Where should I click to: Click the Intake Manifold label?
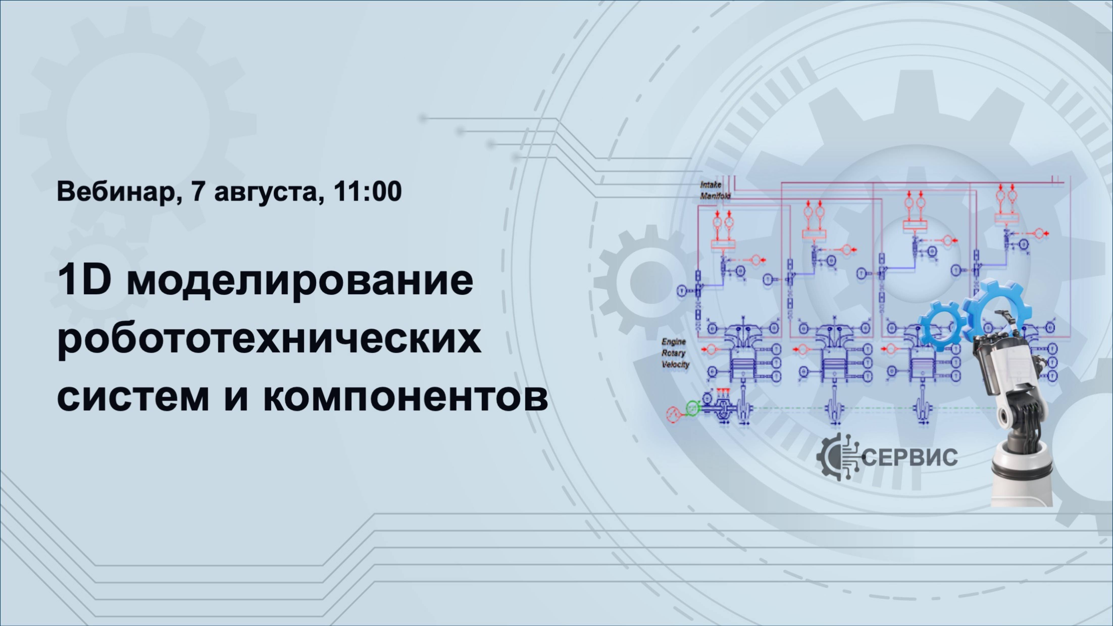pyautogui.click(x=715, y=190)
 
